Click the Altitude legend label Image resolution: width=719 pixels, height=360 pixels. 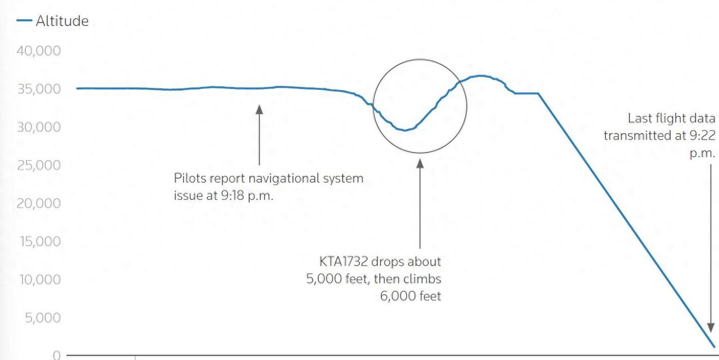tap(62, 21)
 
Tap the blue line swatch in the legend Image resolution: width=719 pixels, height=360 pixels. tap(24, 21)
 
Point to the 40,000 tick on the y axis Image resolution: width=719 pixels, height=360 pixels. tap(39, 51)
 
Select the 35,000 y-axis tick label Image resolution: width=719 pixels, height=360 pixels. tap(39, 89)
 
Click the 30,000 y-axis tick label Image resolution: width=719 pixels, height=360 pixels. tap(39, 127)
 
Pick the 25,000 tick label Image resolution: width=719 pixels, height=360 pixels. tap(39, 165)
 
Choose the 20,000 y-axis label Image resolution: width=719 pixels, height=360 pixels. tap(39, 204)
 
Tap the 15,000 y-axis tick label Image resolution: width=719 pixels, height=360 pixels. tap(40, 242)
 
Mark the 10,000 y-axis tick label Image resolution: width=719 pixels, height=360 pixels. tap(40, 280)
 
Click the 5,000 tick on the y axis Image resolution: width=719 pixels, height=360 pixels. tap(43, 318)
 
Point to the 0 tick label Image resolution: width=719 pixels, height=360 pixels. tap(57, 355)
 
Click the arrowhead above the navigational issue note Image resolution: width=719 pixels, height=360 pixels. tap(259, 110)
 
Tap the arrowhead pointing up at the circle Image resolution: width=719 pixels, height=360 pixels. tap(420, 164)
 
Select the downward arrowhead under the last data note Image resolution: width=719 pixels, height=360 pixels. tap(711, 327)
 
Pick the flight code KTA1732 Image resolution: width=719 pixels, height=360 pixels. tap(343, 262)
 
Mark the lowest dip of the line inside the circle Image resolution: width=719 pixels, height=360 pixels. tap(405, 130)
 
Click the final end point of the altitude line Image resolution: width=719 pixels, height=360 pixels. tap(714, 346)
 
